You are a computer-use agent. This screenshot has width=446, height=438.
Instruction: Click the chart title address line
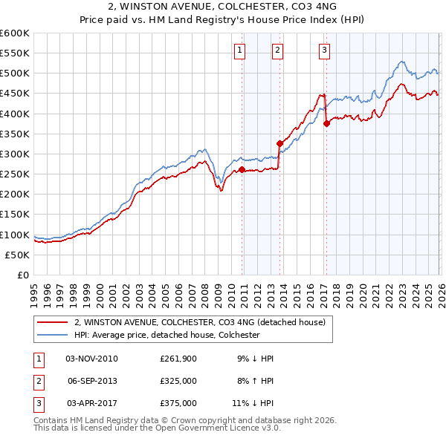click(223, 7)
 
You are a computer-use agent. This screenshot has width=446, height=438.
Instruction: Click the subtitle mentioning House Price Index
click(223, 20)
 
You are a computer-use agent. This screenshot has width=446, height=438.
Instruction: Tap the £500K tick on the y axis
click(15, 73)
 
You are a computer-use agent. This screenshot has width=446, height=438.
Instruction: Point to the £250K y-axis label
click(15, 174)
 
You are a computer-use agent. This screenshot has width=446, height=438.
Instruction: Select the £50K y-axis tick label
click(17, 255)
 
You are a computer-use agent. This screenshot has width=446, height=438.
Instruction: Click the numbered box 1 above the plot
click(240, 50)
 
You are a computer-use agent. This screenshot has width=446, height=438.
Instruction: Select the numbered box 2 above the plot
click(277, 50)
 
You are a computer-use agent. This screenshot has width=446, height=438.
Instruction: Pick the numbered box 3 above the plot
click(325, 50)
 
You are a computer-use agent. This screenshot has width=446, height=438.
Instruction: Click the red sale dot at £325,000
click(279, 143)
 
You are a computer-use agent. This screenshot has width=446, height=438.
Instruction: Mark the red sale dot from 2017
click(326, 123)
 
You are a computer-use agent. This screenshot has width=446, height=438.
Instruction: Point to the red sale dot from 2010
click(242, 169)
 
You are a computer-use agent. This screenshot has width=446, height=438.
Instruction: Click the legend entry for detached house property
click(199, 323)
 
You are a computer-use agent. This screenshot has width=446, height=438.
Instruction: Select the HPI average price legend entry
click(166, 335)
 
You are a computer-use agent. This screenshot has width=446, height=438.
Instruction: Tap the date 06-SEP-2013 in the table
click(91, 381)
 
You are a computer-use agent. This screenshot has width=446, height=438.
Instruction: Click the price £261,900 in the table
click(178, 359)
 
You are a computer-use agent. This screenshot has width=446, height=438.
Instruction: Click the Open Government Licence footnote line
click(157, 428)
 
